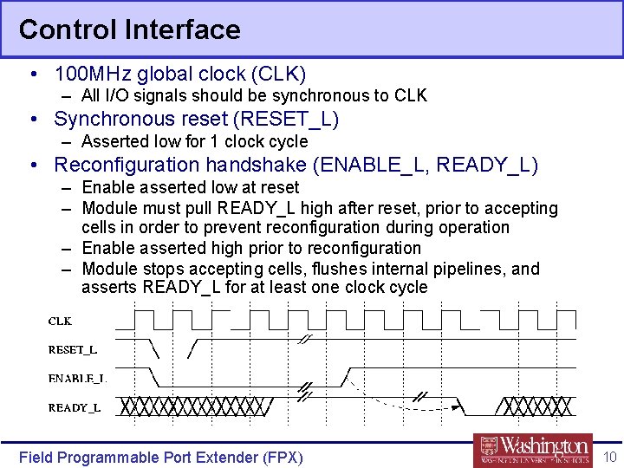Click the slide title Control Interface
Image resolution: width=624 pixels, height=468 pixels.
(129, 29)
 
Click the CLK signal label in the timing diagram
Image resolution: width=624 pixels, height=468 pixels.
(60, 321)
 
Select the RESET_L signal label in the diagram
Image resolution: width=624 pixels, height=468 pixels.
(72, 349)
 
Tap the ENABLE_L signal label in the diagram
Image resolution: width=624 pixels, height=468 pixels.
(76, 378)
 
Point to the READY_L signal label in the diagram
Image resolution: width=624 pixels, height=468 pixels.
(74, 406)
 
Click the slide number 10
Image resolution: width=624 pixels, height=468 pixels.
(609, 456)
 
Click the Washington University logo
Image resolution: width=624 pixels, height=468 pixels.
(533, 449)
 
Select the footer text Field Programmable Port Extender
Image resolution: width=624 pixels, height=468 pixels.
(160, 457)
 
